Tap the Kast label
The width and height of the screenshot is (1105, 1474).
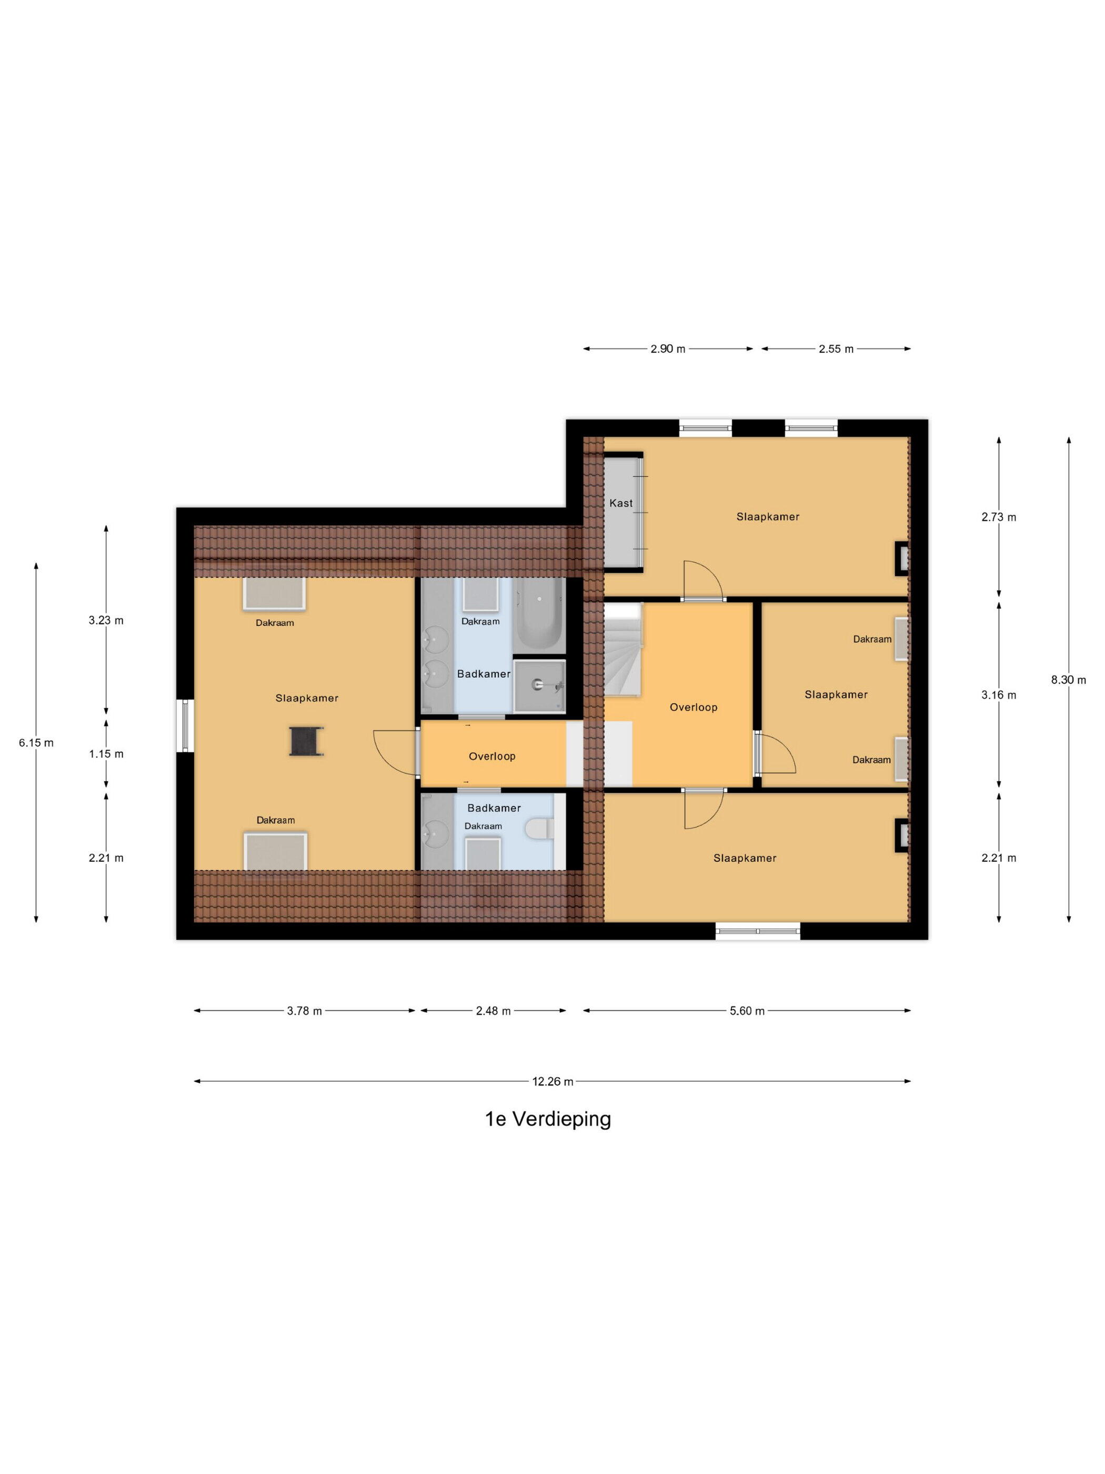[x=621, y=503]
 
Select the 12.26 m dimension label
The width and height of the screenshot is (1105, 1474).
[x=552, y=1081]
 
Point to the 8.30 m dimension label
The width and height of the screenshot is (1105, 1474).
[x=1068, y=680]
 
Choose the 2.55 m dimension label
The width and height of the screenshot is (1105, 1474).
[x=836, y=348]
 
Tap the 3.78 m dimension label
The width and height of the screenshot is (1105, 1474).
[x=304, y=1011]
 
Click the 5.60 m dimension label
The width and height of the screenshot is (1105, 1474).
[x=747, y=1011]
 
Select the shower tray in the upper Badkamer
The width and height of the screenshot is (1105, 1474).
[x=539, y=686]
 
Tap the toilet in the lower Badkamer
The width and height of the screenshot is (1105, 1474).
[x=538, y=830]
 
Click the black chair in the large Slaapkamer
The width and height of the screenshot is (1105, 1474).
[x=306, y=740]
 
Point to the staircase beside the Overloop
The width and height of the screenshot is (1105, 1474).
[x=623, y=649]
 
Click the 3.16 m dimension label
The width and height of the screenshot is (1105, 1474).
[x=998, y=695]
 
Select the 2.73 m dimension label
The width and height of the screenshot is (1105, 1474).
[x=998, y=516]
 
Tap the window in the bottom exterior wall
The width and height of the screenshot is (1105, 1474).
[x=757, y=931]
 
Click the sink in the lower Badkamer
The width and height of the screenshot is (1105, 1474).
[x=437, y=831]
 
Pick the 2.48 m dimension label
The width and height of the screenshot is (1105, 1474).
[x=493, y=1011]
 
